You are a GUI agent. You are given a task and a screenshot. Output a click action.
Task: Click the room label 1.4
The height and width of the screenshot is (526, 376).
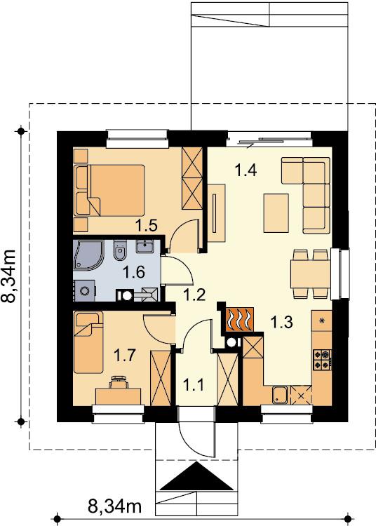click(x=246, y=170)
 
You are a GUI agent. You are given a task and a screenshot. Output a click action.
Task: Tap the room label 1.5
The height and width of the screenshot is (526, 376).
click(x=146, y=225)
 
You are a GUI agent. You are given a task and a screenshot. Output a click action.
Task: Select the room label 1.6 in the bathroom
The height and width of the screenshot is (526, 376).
click(x=134, y=271)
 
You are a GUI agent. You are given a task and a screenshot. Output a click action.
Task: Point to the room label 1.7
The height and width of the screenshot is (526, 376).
click(x=125, y=356)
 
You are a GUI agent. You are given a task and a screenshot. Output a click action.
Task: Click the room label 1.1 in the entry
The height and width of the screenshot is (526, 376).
click(x=194, y=384)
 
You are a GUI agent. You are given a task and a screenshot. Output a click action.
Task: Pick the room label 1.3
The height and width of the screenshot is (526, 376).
click(x=282, y=322)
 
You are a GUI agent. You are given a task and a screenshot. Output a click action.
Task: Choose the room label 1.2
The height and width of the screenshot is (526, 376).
click(x=194, y=295)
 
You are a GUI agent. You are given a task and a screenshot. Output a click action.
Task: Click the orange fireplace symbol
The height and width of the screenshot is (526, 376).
click(x=239, y=320)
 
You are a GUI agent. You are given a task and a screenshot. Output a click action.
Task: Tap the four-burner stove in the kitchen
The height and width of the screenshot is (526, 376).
click(x=322, y=360)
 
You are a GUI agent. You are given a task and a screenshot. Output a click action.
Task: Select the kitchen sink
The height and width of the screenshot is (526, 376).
click(x=280, y=395)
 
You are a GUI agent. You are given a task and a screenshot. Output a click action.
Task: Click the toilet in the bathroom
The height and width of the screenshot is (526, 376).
click(x=120, y=250)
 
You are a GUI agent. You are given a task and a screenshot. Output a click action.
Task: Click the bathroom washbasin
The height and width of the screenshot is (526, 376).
click(x=145, y=246)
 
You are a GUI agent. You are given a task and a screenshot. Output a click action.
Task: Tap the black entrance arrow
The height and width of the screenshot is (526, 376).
click(x=197, y=476)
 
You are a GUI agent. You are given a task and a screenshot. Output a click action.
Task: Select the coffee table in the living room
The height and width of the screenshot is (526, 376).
click(x=276, y=213)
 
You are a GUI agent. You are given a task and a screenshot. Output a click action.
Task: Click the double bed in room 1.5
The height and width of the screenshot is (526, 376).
click(x=109, y=190)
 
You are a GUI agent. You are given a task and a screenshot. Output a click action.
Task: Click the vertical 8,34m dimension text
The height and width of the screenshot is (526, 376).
click(x=9, y=276)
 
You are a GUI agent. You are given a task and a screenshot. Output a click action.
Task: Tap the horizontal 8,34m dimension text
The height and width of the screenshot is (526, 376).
click(x=114, y=506)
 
